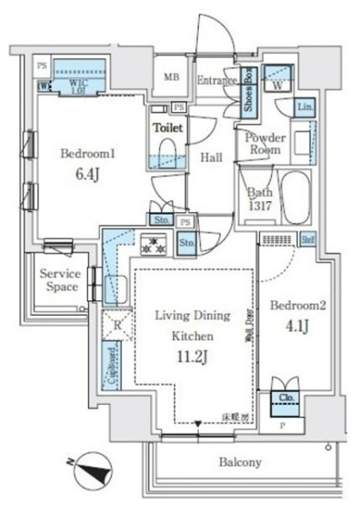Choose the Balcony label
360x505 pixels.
coord(239,462)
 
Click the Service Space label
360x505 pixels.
coord(60,281)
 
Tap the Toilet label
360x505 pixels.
coord(168,129)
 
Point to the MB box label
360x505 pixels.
coord(171,78)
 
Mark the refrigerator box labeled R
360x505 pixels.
coord(116,324)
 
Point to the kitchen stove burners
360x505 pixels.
coord(154,244)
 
